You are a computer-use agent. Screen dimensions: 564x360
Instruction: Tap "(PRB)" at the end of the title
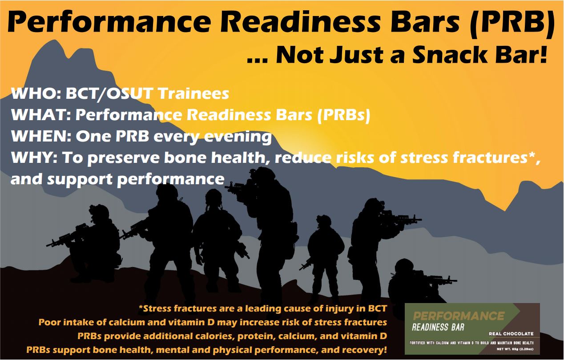pos(511,23)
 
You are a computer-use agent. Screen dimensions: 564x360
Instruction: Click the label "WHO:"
pos(36,93)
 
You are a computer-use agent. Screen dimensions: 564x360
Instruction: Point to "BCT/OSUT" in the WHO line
pos(109,93)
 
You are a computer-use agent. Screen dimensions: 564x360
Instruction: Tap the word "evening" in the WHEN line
pos(238,138)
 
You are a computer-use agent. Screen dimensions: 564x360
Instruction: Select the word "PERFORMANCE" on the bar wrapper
pos(459,316)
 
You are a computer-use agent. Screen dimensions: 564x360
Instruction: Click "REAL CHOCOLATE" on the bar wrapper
pos(511,334)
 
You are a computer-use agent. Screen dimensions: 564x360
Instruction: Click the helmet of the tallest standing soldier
pos(264,174)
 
